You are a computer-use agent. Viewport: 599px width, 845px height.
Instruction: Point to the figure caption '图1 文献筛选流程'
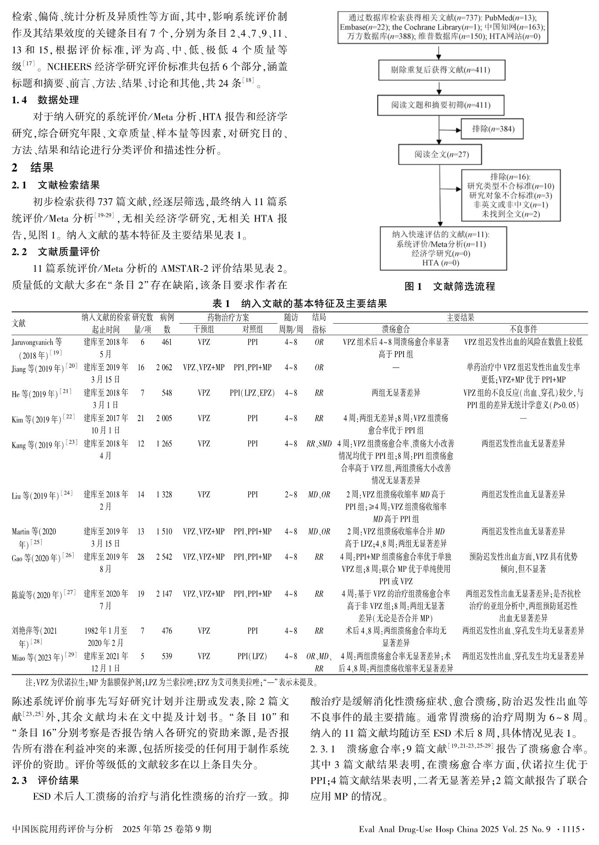450,286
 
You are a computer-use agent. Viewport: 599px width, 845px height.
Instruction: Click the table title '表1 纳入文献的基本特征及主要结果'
299,304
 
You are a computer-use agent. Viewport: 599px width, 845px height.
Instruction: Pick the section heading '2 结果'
33,168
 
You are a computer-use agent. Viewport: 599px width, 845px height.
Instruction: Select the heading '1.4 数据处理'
45,100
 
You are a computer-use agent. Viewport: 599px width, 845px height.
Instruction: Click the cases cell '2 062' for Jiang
164,368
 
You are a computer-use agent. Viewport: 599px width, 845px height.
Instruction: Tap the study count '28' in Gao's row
141,557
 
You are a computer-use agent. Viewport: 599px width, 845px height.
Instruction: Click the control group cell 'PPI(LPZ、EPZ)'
252,393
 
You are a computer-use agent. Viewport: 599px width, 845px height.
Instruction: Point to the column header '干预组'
203,329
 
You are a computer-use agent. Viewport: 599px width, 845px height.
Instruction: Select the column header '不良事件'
523,329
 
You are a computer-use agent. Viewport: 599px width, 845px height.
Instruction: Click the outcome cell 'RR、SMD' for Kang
319,444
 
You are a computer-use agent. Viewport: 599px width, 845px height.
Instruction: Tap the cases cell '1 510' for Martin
164,531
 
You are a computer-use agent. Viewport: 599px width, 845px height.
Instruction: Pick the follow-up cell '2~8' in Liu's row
291,494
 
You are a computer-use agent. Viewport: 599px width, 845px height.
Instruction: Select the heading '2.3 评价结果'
45,780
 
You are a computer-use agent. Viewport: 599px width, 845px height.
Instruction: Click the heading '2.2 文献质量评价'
56,252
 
